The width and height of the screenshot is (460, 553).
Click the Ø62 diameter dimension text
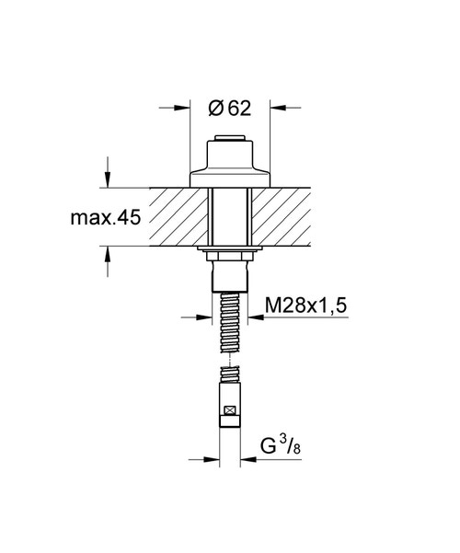coord(228,109)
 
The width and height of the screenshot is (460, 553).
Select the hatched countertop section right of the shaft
coord(285,218)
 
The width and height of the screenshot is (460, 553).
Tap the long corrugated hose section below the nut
coord(229,322)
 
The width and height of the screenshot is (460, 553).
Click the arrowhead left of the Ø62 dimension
coord(182,109)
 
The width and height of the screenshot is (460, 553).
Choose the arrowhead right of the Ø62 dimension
coord(276,109)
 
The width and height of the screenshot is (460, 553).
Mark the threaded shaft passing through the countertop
coord(229,218)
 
